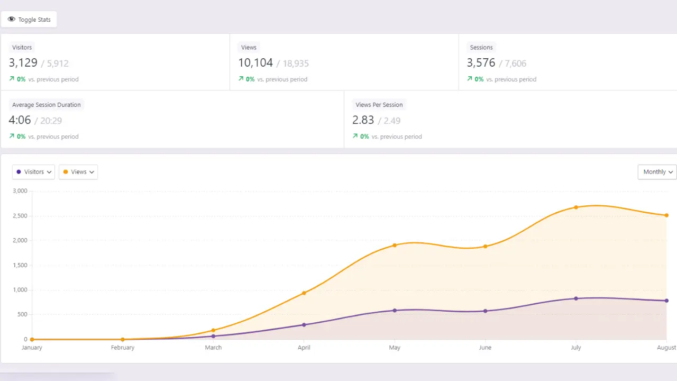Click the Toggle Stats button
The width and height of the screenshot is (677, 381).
click(x=29, y=20)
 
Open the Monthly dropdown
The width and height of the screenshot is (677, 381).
click(x=657, y=172)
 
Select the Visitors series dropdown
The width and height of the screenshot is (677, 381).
click(x=33, y=172)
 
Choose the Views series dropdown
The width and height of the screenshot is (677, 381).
click(x=78, y=172)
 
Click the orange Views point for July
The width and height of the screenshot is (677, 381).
click(x=576, y=207)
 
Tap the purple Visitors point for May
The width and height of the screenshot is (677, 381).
click(x=395, y=310)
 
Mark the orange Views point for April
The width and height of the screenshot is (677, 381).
click(x=304, y=293)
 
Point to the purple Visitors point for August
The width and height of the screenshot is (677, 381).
click(x=666, y=301)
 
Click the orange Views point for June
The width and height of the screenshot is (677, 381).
click(x=485, y=246)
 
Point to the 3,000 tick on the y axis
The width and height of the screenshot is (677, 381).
click(x=20, y=191)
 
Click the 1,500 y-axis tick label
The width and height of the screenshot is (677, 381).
click(x=20, y=265)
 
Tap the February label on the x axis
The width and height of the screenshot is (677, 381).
click(x=123, y=348)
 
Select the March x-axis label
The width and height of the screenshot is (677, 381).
click(x=213, y=348)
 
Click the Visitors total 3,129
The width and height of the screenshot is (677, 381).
click(x=23, y=63)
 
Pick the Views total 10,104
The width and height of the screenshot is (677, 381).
click(x=255, y=63)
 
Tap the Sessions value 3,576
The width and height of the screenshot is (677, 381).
click(x=481, y=63)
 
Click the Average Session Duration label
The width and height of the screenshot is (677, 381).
click(x=47, y=105)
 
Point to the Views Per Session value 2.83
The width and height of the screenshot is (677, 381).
click(x=363, y=120)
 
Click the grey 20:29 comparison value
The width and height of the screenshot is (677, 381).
click(x=51, y=121)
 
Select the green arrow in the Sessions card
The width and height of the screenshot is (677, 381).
click(x=470, y=78)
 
